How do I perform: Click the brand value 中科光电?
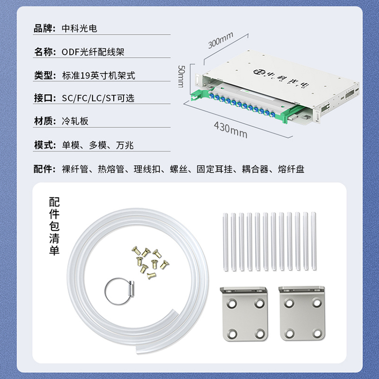click(x=79, y=28)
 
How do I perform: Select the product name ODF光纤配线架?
click(x=93, y=52)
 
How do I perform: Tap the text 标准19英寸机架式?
click(x=99, y=75)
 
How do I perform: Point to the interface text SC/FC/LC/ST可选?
click(x=98, y=98)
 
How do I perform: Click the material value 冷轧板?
click(x=75, y=121)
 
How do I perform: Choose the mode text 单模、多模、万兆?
click(x=98, y=145)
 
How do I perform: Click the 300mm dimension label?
click(x=221, y=40)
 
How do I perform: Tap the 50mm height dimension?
click(x=181, y=76)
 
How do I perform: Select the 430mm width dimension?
click(x=231, y=130)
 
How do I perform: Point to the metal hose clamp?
click(x=119, y=291)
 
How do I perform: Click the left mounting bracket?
click(x=244, y=314)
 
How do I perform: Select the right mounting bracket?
click(x=302, y=314)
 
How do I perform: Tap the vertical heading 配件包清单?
click(x=54, y=226)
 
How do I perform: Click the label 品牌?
click(x=45, y=28)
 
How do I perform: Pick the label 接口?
click(x=45, y=98)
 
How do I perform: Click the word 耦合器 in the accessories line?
click(x=255, y=169)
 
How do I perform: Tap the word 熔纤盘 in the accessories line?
click(x=291, y=169)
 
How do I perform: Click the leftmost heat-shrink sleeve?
click(x=226, y=242)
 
